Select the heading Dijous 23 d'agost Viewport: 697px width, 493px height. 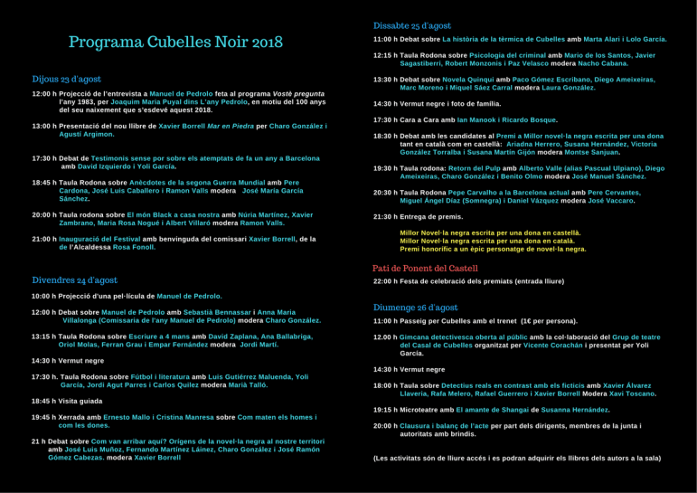[x=66, y=80]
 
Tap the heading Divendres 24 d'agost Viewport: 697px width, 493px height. [x=74, y=280]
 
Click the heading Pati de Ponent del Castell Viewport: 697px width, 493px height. [x=425, y=269]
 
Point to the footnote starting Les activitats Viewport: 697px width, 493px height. [x=517, y=459]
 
